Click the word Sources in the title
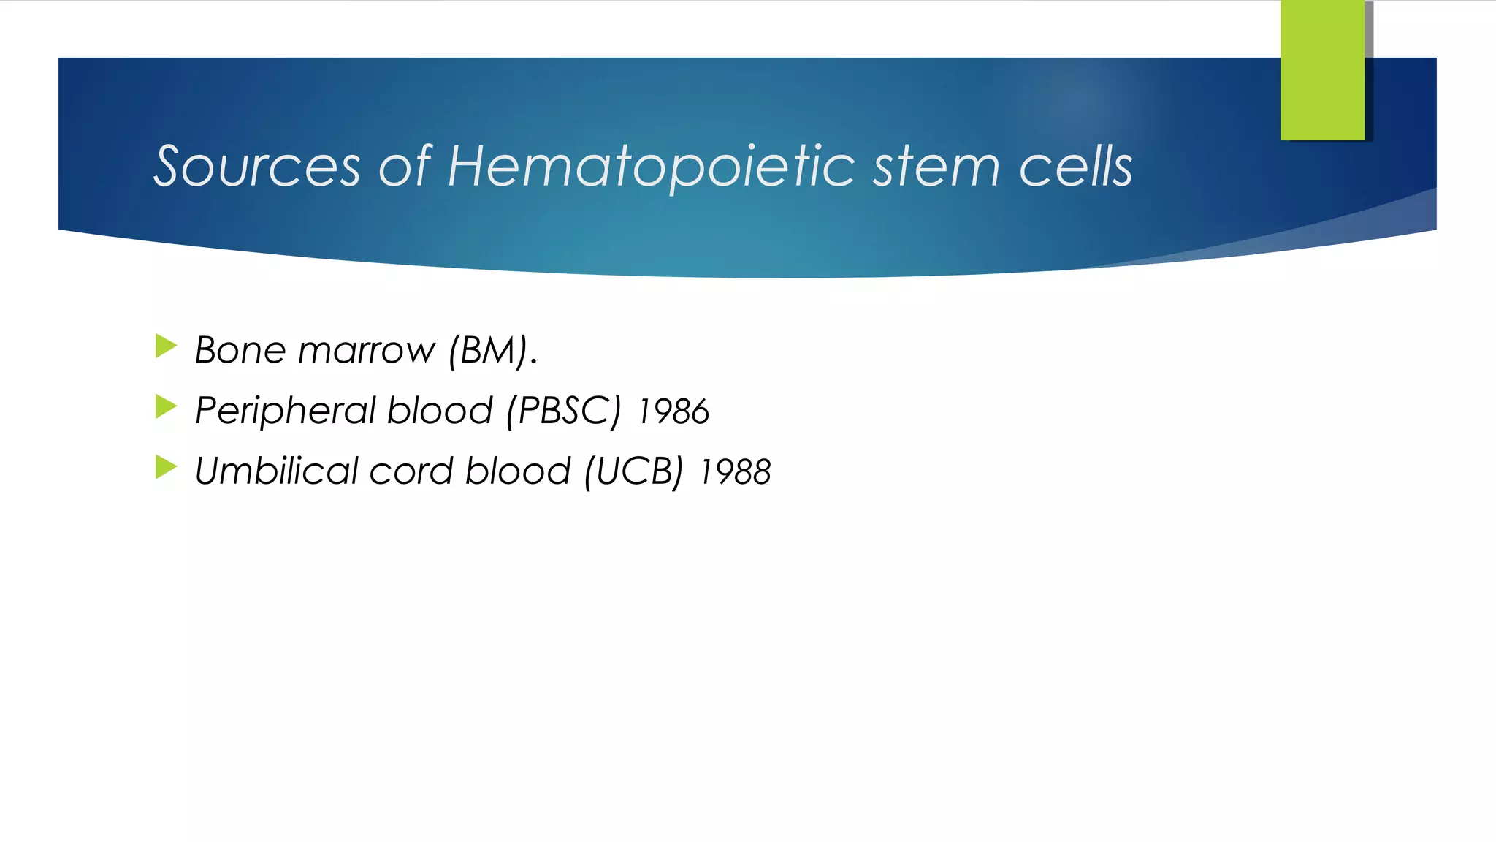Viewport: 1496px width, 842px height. pos(257,167)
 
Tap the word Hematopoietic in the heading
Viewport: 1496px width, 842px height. pos(651,167)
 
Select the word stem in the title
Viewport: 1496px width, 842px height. pos(936,167)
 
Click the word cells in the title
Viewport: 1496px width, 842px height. pos(1075,167)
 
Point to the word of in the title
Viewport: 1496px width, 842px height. pos(405,167)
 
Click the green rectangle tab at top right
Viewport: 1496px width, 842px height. pos(1322,70)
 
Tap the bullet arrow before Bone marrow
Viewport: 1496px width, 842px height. pos(166,346)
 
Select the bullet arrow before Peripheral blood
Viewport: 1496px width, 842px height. pos(166,407)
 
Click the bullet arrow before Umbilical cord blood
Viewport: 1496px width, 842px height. pos(166,467)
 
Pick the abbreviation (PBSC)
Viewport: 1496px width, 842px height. pos(563,411)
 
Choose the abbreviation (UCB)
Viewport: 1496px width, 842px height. pos(633,471)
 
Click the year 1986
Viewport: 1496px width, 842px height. pos(673,412)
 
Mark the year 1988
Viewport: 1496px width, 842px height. pos(735,473)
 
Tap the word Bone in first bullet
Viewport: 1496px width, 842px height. pos(240,350)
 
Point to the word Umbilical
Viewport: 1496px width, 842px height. pos(276,471)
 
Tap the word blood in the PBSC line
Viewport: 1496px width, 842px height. pos(440,411)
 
